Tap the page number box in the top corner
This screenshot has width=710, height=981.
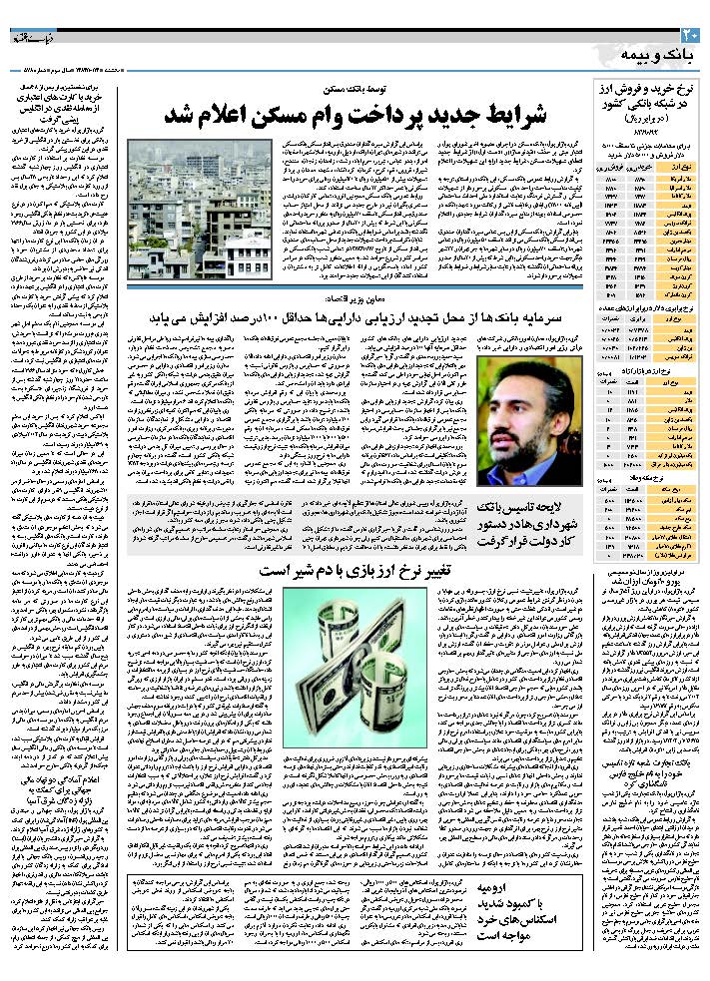pos(696,37)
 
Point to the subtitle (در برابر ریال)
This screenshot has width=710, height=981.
pos(648,121)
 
